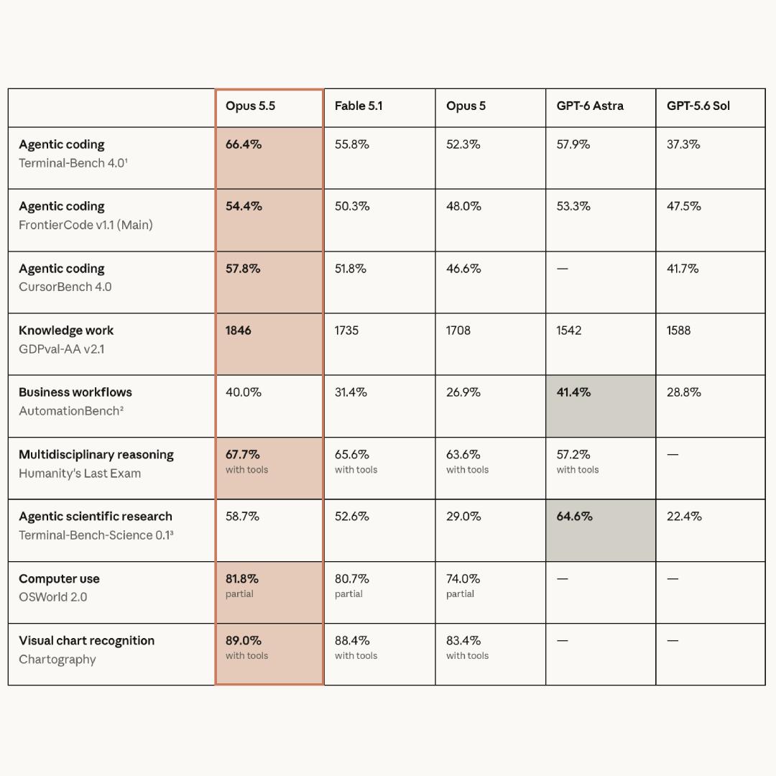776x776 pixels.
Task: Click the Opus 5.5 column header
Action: [250, 106]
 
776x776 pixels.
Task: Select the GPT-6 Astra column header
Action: [589, 106]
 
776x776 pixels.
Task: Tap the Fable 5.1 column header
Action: [359, 106]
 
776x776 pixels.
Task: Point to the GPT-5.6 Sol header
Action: [698, 106]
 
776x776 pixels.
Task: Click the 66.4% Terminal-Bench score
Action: [244, 144]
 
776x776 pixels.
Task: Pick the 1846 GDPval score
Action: [238, 331]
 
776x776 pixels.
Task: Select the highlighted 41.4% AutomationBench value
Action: [573, 392]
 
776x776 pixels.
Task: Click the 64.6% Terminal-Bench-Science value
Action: [574, 517]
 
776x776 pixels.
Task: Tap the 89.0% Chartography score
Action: [244, 640]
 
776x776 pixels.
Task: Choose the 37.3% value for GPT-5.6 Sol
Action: [683, 144]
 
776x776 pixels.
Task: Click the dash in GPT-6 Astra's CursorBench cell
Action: [562, 269]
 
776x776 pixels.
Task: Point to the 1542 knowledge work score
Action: [568, 331]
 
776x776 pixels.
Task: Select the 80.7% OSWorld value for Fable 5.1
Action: [352, 578]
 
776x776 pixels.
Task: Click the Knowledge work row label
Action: [66, 331]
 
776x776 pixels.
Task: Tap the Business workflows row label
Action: [75, 392]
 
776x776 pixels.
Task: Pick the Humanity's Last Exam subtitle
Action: [80, 474]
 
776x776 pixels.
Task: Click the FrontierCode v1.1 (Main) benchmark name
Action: [86, 225]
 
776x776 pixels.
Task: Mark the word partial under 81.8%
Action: [239, 594]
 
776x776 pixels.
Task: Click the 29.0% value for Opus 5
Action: [463, 517]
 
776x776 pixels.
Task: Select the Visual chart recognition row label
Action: [87, 641]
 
